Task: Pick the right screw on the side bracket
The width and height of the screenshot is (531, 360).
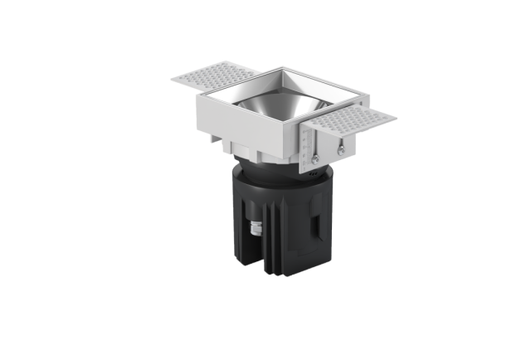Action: pyautogui.click(x=340, y=150)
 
